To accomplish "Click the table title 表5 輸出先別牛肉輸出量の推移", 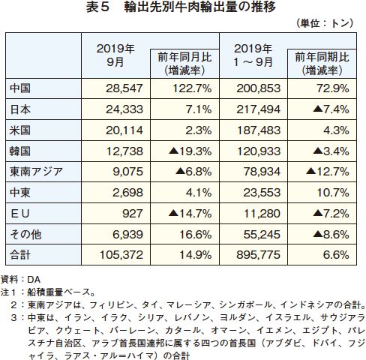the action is [x=181, y=7].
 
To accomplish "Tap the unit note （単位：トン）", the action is [x=325, y=23].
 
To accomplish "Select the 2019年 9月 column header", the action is [x=115, y=55].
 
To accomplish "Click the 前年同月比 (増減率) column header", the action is [x=184, y=64].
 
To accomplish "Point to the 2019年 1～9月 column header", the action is [x=253, y=55].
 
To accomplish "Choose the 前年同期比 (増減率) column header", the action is [x=322, y=64].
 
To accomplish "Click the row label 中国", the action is [x=20, y=88].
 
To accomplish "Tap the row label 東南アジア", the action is [x=36, y=172].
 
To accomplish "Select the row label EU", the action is [x=20, y=214].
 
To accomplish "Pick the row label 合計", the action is [x=20, y=255].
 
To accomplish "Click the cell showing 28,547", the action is [x=124, y=88].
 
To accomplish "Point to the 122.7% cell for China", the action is [x=192, y=88].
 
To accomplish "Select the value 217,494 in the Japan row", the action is [x=259, y=109].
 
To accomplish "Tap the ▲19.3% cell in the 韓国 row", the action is [x=190, y=151].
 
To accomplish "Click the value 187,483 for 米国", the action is [x=259, y=130].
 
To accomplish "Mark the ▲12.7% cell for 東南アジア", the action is [x=328, y=172].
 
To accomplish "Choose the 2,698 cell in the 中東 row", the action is [x=127, y=193].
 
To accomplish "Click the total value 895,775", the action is [x=259, y=255].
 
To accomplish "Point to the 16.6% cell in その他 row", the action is [x=196, y=235].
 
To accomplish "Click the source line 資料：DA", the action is [x=20, y=280].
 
